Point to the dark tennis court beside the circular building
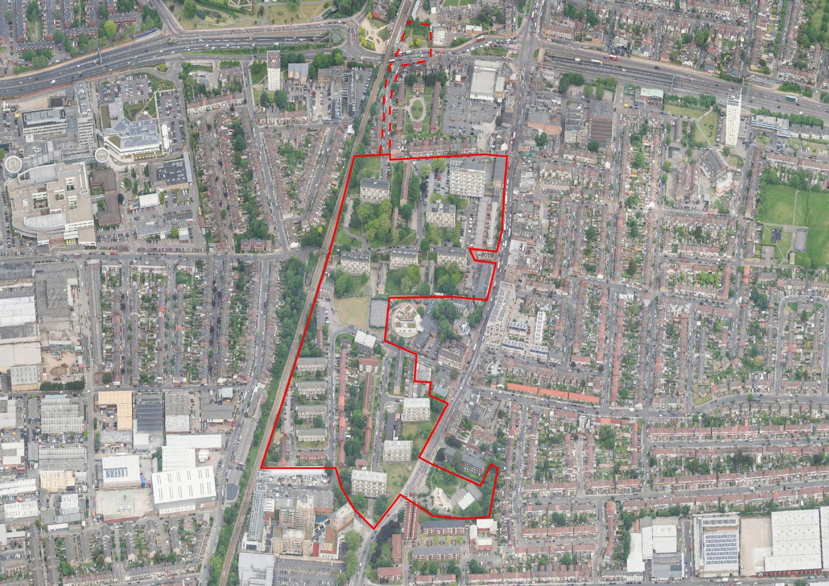(378, 313)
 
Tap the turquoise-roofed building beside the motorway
(651, 93)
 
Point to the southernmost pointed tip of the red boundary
(374, 528)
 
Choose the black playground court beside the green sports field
(775, 236)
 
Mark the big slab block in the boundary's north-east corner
(467, 178)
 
